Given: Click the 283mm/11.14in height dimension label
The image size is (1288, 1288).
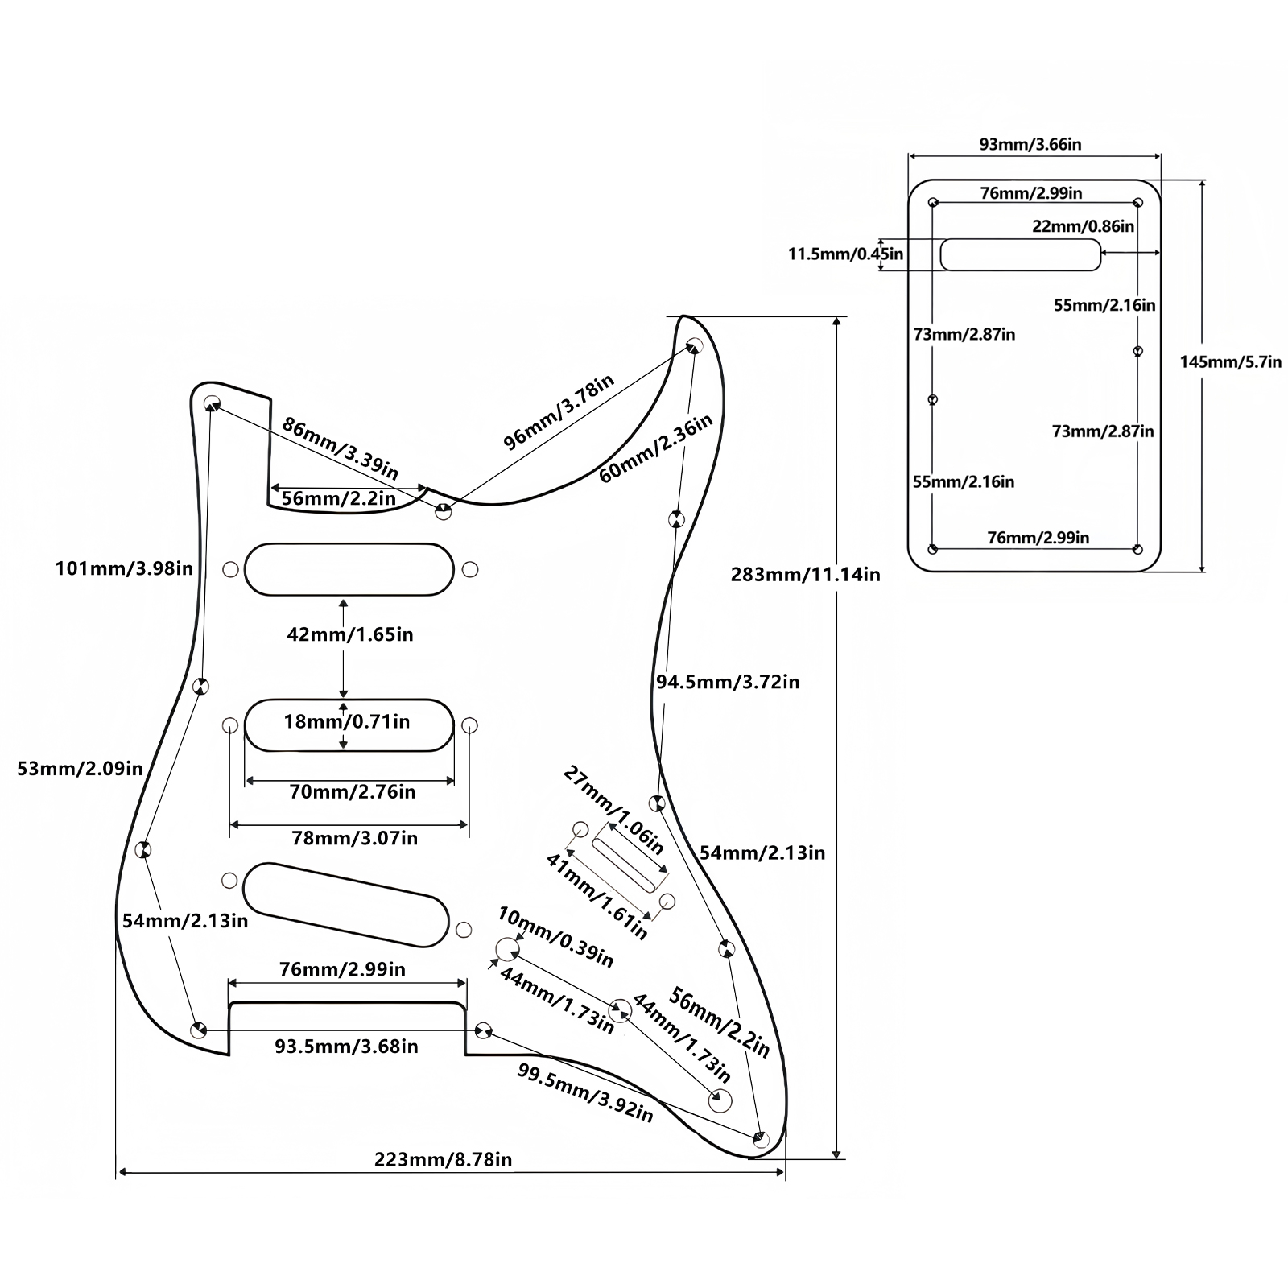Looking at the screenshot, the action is coord(805,575).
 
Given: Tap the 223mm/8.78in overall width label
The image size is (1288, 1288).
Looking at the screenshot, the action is coord(443,1160).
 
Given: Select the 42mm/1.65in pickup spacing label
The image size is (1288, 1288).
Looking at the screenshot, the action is coord(350,634).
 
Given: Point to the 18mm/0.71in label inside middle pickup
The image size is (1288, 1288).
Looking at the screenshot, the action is coord(347,721).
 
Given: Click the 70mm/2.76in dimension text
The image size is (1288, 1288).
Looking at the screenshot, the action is coord(353,792).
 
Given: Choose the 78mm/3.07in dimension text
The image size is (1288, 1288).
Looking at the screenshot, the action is coord(354,839).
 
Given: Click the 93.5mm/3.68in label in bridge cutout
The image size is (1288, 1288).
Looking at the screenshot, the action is coord(346,1046).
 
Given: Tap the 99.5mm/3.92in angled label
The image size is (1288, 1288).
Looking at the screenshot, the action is coord(584,1092).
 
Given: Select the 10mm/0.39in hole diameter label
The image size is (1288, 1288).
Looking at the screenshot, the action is coord(555,937).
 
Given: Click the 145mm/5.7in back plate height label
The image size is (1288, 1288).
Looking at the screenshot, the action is coord(1231,362).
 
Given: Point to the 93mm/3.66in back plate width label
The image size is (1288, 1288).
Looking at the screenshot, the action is coord(1030,145).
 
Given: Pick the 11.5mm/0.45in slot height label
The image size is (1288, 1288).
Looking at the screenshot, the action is coord(845,254).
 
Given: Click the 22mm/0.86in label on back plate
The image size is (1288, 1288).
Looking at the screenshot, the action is coord(1084,226).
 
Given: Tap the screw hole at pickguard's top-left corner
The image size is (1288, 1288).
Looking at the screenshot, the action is coord(212,402).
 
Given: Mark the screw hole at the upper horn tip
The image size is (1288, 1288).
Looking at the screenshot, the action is coord(694,346).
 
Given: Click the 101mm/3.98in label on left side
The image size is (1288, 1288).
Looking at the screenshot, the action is coord(124,569).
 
